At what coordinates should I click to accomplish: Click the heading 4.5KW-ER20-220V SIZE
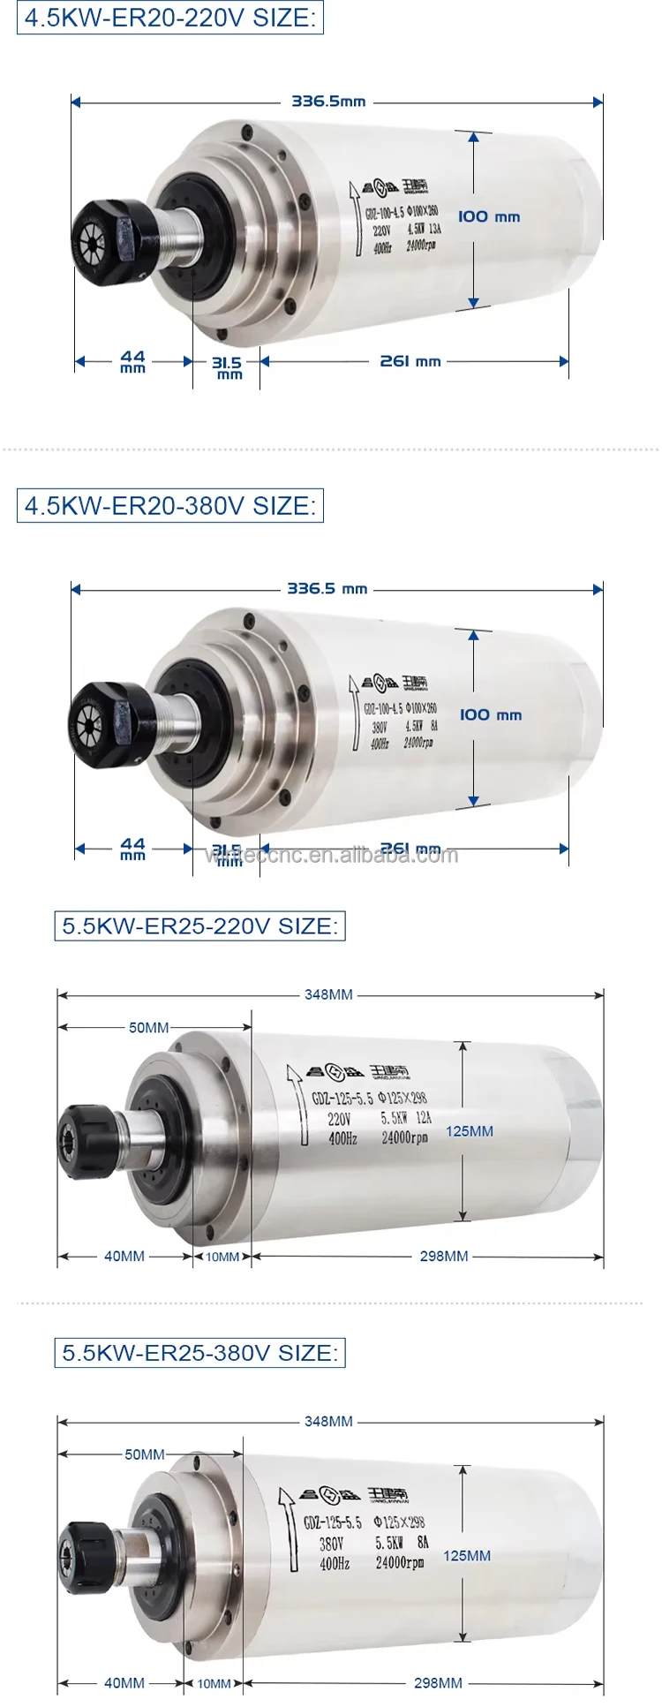click(170, 18)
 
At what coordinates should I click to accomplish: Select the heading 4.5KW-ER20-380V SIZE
click(170, 506)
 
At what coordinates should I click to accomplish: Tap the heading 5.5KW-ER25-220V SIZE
click(199, 926)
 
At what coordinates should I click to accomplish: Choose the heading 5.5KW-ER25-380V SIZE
click(199, 1353)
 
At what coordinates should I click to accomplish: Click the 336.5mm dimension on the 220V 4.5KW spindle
click(328, 102)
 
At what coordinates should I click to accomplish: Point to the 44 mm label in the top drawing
click(132, 360)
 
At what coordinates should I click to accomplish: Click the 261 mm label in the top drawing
click(410, 361)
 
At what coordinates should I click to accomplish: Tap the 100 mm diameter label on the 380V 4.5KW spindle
click(490, 714)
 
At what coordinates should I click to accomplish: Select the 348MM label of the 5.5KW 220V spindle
click(328, 994)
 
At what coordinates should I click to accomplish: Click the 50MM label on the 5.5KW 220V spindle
click(148, 1027)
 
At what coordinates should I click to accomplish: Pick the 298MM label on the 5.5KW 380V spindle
click(438, 1683)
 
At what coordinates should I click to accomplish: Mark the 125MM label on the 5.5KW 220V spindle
click(469, 1131)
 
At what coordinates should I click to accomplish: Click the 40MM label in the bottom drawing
click(124, 1683)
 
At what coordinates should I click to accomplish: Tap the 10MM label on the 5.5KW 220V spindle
click(222, 1257)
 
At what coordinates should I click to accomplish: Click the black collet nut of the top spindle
click(104, 234)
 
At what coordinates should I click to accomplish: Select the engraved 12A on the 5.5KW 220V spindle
click(424, 1118)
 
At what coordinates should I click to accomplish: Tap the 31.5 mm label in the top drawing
click(227, 366)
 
